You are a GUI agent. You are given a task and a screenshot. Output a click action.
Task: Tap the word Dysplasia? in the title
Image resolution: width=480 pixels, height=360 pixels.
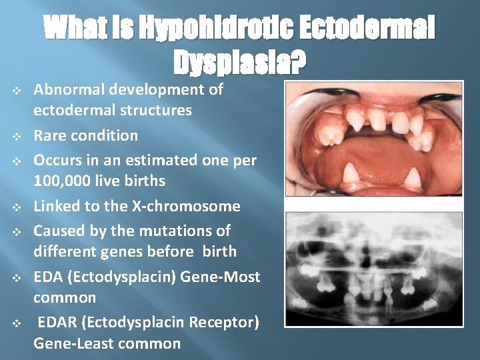[x=240, y=63]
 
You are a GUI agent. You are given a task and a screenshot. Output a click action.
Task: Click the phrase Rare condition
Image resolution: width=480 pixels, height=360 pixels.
[x=86, y=135]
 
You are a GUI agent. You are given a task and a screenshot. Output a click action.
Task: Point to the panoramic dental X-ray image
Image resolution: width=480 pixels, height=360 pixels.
[x=373, y=269]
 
